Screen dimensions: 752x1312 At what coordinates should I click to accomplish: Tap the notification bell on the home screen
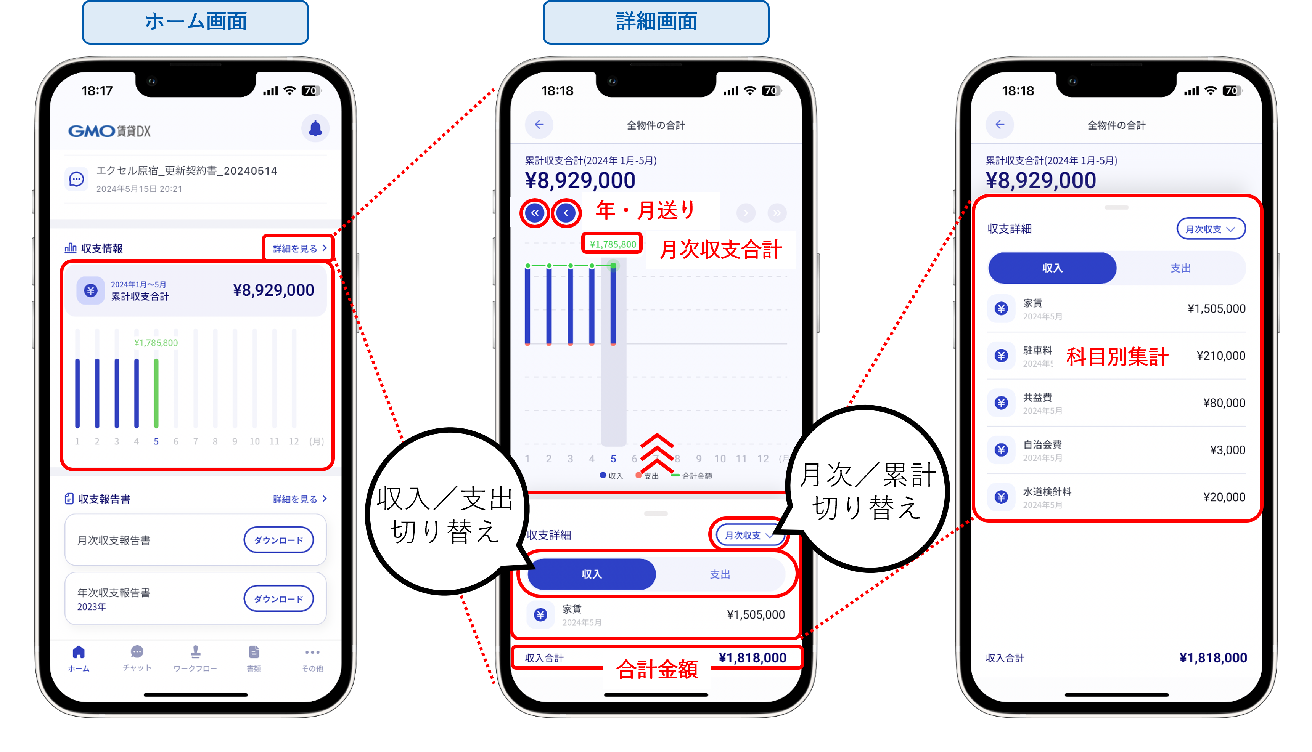click(x=315, y=128)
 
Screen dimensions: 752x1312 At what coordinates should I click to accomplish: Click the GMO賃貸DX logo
click(x=109, y=131)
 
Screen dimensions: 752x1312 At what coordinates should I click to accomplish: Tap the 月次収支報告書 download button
click(x=278, y=540)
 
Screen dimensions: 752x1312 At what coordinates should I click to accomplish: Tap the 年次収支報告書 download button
click(x=278, y=599)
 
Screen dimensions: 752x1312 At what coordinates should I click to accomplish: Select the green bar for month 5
click(x=156, y=393)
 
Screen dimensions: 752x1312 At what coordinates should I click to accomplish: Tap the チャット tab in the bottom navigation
click(x=137, y=657)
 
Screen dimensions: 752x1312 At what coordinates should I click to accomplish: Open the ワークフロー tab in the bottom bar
click(x=195, y=657)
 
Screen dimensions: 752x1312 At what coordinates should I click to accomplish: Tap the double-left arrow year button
click(x=535, y=213)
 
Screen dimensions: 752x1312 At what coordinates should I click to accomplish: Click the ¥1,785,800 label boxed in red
click(x=613, y=244)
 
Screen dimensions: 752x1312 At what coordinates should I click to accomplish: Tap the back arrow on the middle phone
click(x=539, y=125)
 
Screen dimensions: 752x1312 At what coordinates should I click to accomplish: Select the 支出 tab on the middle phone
click(x=720, y=574)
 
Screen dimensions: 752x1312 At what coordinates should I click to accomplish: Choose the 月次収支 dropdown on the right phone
click(x=1210, y=229)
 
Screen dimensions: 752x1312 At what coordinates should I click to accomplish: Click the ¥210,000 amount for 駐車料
click(x=1220, y=356)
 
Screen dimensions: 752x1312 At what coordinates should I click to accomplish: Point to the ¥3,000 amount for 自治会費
click(x=1227, y=450)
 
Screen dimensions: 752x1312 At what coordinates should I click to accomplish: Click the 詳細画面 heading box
click(x=656, y=22)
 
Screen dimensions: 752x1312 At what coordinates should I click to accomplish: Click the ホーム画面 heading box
click(x=195, y=22)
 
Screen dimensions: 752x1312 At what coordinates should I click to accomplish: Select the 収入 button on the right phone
click(x=1052, y=268)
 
